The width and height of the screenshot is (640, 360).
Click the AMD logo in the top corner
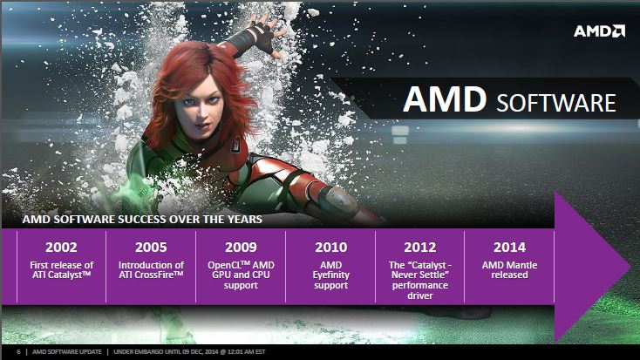point(599,31)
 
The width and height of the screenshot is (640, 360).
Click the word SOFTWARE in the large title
point(556,103)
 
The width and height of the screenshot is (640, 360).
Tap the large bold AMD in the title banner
point(445,99)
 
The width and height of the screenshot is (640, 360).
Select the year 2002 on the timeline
point(61,247)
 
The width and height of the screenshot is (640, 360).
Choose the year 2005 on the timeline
point(151,247)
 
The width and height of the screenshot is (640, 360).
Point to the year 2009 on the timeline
point(241,247)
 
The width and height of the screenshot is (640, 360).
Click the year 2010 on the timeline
point(331,247)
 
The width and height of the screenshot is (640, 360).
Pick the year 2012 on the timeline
point(420,247)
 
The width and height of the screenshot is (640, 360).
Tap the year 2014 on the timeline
point(509,247)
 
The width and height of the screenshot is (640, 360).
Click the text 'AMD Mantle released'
point(509,270)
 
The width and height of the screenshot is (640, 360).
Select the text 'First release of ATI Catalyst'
point(61,270)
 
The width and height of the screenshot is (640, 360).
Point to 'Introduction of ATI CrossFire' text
point(151,270)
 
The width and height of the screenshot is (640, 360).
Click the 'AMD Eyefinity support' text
point(331,275)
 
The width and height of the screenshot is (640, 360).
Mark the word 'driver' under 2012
point(420,295)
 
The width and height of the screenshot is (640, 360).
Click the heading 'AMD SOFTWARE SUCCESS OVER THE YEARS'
point(142,219)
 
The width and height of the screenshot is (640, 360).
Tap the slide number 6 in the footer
point(19,351)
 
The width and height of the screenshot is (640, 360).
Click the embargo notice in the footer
point(189,351)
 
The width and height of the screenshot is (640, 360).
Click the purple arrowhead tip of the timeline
point(630,266)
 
